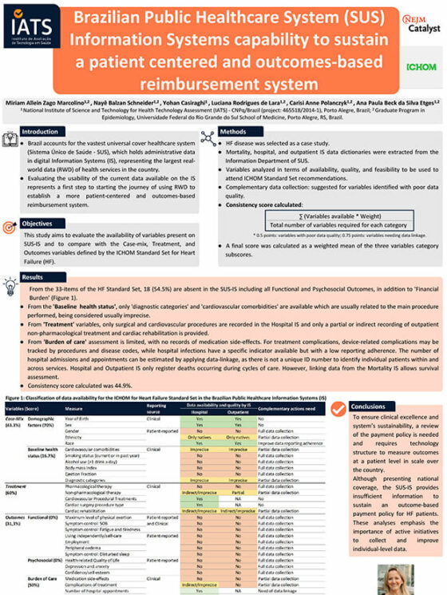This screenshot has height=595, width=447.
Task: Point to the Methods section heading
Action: [238, 131]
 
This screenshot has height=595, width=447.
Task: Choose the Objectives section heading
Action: [40, 224]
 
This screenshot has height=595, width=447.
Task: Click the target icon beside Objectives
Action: [12, 228]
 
